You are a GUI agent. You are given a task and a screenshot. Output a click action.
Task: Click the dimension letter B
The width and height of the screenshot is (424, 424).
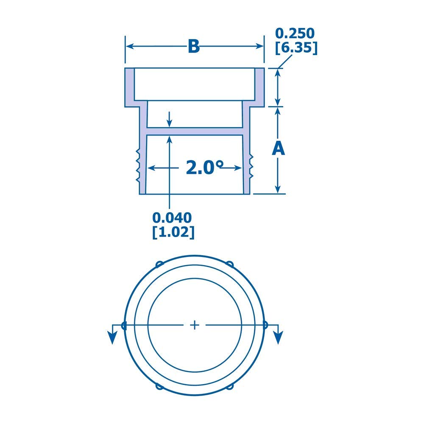[194, 47]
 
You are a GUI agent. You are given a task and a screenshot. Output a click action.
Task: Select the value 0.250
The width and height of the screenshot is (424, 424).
[296, 33]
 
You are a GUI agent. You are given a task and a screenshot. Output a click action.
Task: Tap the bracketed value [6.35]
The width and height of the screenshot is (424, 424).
[296, 47]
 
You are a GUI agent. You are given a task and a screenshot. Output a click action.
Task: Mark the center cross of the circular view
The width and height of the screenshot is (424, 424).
[195, 325]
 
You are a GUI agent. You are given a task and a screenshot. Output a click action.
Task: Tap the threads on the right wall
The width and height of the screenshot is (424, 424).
[251, 165]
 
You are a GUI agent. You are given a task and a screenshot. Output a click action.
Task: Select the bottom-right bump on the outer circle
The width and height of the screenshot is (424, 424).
[231, 386]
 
